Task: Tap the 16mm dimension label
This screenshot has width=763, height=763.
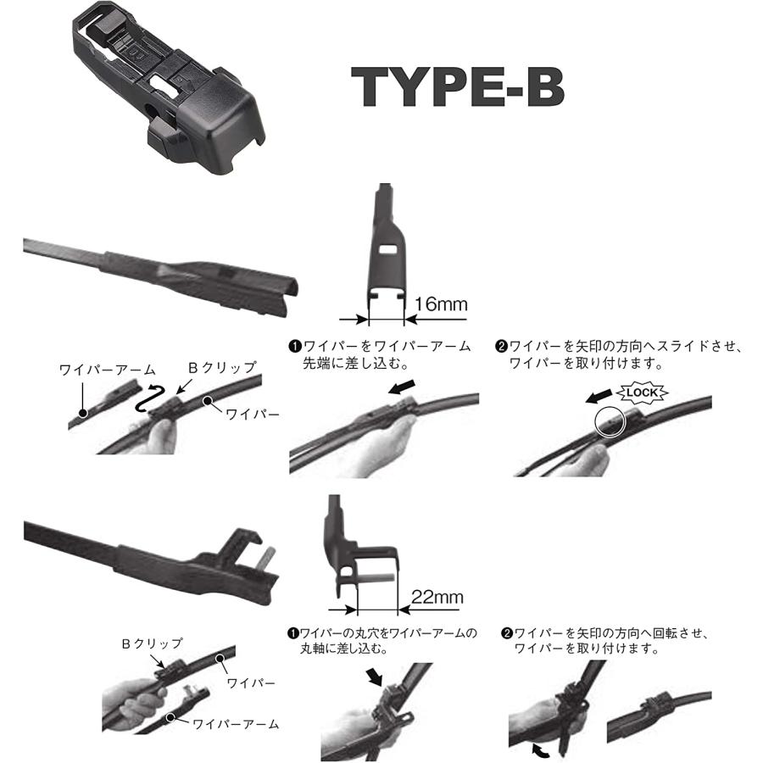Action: (440, 304)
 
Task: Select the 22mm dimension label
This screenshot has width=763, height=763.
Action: (437, 597)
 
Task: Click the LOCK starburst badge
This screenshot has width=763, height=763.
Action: (643, 393)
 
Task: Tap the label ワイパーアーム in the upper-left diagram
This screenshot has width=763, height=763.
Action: (108, 369)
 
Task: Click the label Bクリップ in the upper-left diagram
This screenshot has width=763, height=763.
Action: (221, 367)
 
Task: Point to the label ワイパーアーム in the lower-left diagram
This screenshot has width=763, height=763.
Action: (236, 724)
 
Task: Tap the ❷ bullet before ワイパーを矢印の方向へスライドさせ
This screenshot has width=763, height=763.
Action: (502, 348)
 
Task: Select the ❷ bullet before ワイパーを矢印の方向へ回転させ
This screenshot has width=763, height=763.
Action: (507, 633)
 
